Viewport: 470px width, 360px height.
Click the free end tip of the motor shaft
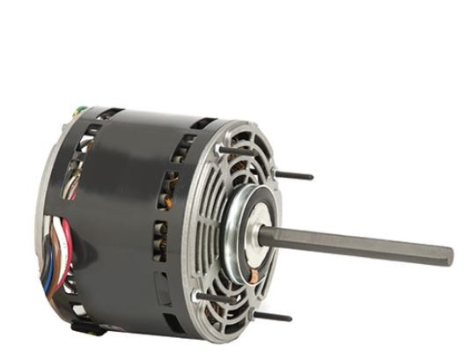point(450,257)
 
